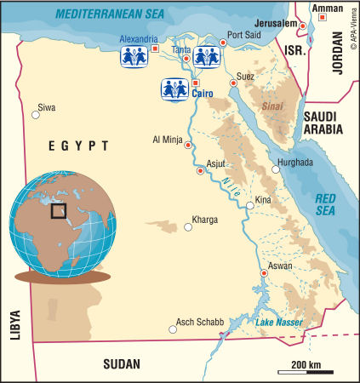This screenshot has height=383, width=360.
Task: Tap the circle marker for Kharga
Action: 189,227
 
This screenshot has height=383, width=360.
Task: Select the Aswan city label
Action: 280,266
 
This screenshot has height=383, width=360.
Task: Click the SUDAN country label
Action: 121,364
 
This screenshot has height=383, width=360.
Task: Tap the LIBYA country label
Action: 14,324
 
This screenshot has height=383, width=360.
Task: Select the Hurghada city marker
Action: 275,170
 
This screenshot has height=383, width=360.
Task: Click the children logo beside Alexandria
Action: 133,56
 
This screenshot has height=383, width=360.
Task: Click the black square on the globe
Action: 59,209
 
